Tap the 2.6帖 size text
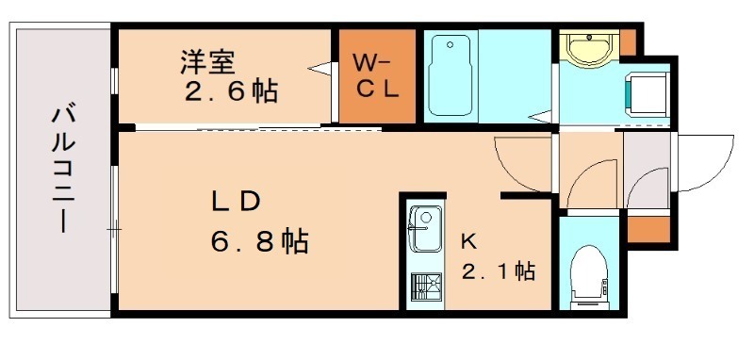coord(231,92)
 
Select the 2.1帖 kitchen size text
coord(498,272)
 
